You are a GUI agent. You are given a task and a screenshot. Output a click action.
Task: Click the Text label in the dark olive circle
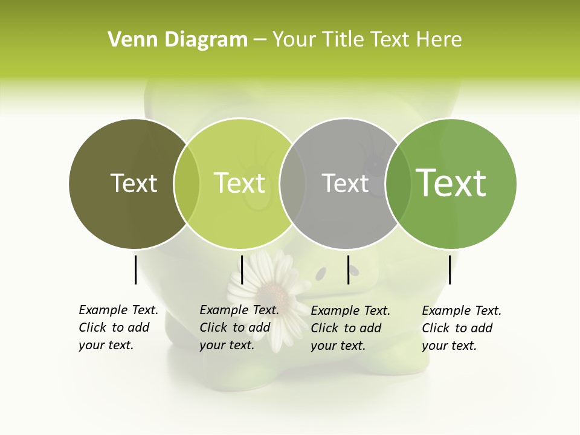[134, 183]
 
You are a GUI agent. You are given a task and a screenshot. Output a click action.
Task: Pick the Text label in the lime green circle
[240, 183]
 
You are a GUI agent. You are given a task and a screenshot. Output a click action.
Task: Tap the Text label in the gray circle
[345, 183]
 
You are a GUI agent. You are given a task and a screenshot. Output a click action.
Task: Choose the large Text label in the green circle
[451, 183]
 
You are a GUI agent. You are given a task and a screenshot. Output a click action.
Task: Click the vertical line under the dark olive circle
[135, 269]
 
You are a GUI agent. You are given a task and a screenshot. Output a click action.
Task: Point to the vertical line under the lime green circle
[242, 269]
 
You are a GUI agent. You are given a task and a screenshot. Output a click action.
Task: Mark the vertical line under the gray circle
[348, 269]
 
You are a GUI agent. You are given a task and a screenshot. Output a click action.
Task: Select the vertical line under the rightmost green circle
[449, 269]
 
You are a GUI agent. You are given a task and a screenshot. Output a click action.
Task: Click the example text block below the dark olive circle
[118, 327]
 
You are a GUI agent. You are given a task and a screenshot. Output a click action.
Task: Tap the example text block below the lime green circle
[239, 327]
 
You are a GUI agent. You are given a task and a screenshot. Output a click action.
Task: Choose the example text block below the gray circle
[350, 328]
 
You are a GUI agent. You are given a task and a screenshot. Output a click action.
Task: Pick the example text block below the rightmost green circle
[462, 328]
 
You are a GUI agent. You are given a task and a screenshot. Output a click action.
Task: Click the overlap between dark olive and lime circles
[187, 183]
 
